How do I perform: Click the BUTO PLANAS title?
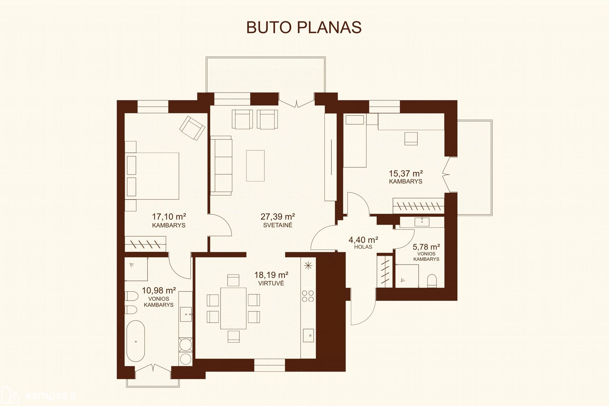click(304, 28)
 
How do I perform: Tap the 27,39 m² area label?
click(278, 217)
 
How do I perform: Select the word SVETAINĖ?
click(278, 225)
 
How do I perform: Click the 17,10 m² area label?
click(169, 217)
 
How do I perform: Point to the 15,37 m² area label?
click(405, 173)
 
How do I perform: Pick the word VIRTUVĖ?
click(271, 283)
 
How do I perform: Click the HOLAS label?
click(363, 247)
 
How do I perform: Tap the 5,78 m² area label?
click(426, 247)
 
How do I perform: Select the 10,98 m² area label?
click(159, 290)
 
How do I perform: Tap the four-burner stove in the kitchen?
click(308, 296)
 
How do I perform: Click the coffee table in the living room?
click(255, 166)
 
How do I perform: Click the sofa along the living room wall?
click(221, 165)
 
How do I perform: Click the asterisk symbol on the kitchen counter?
click(308, 265)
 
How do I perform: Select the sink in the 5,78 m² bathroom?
click(422, 220)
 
